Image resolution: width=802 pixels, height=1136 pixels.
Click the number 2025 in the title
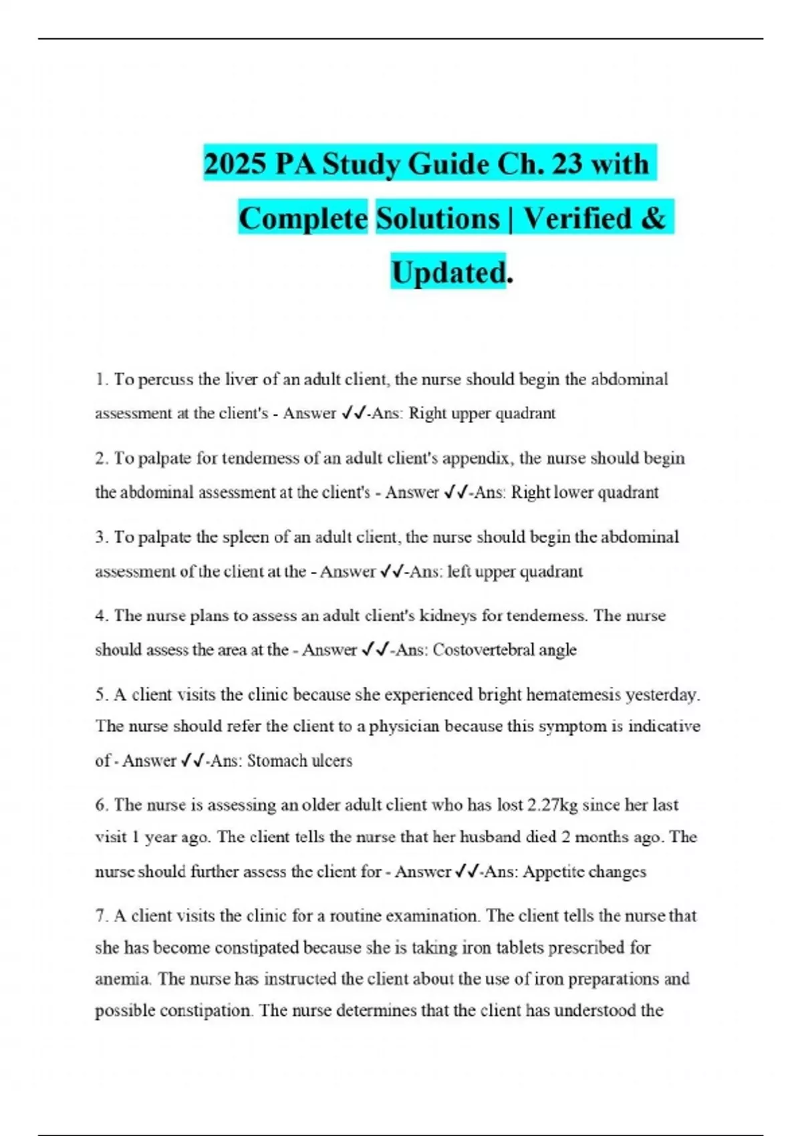pyautogui.click(x=235, y=164)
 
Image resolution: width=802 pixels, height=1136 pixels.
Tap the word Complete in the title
pyautogui.click(x=303, y=219)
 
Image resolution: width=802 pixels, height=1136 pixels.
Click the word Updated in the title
pyautogui.click(x=448, y=273)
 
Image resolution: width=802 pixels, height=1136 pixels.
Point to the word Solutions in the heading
pyautogui.click(x=438, y=219)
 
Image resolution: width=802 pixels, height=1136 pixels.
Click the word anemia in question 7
pyautogui.click(x=122, y=979)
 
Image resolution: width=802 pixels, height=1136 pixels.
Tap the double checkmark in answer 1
pyautogui.click(x=352, y=414)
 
